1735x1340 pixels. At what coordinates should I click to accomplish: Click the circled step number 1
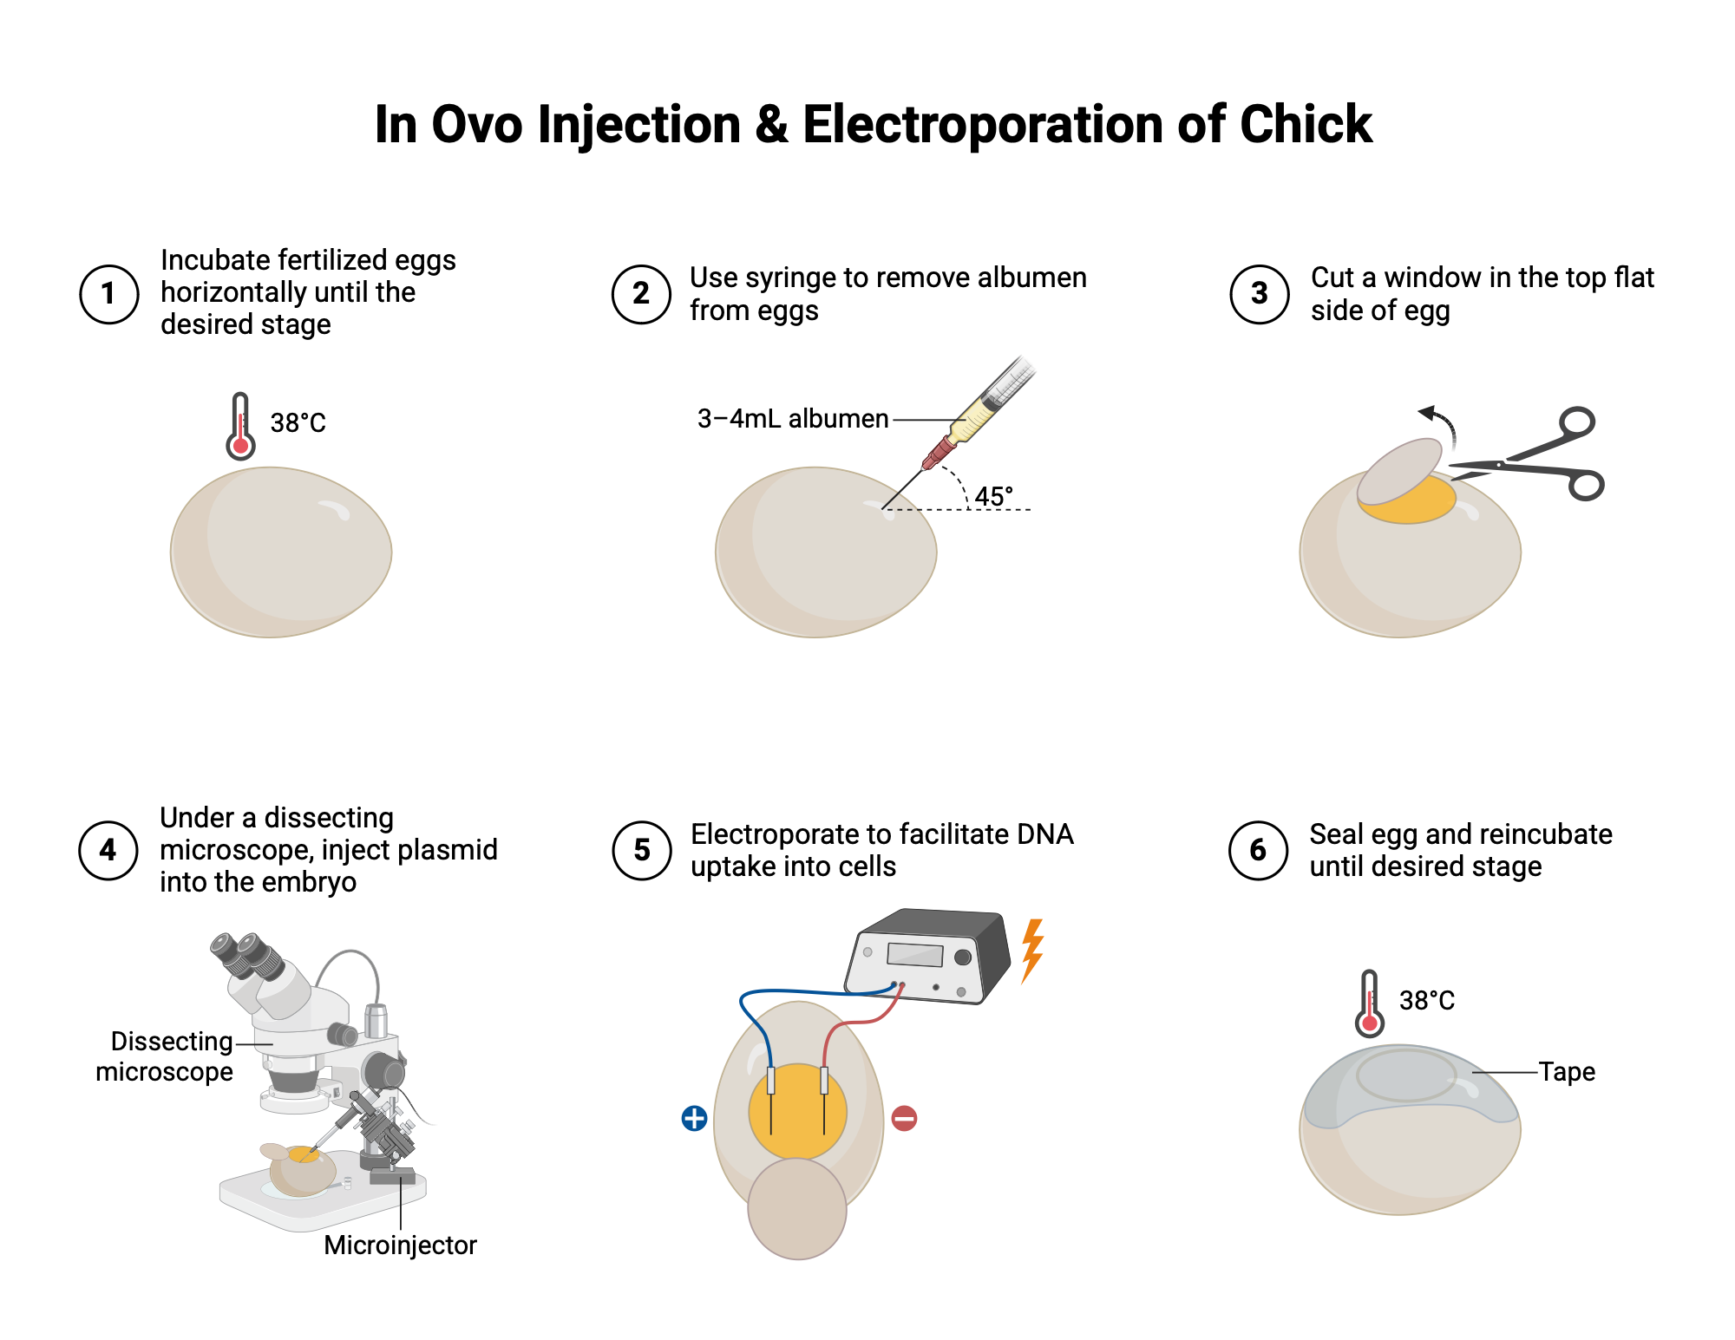[108, 294]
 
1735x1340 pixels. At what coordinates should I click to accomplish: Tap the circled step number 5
[642, 850]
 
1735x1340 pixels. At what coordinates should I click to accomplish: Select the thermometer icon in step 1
[240, 426]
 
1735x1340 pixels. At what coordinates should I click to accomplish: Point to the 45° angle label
[993, 496]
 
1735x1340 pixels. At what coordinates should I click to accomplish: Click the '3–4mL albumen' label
[792, 419]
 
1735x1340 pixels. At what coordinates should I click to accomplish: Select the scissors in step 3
[1535, 458]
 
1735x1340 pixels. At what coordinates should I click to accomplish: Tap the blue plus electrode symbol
[694, 1118]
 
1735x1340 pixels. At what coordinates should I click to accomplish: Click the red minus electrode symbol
[904, 1118]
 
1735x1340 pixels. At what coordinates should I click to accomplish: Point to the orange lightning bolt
[1031, 950]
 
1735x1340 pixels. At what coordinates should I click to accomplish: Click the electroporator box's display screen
[914, 955]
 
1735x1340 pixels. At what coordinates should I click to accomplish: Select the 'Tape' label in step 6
[1567, 1072]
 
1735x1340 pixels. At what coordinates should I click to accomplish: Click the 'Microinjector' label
[400, 1245]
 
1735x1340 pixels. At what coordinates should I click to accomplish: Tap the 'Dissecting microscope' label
[165, 1056]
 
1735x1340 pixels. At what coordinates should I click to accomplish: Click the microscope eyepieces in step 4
[246, 953]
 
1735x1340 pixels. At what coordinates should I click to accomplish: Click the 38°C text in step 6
[1426, 1001]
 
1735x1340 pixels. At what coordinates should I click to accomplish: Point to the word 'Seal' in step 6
[1337, 834]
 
